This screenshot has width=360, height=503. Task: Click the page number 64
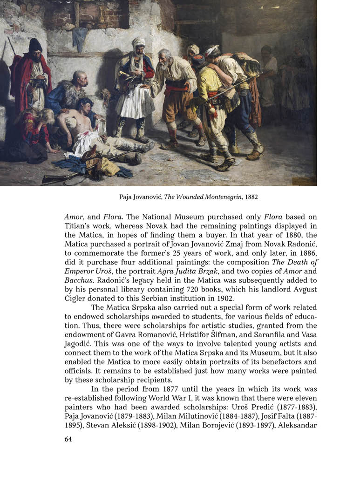[x=68, y=439]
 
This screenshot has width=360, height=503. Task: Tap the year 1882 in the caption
[x=249, y=197]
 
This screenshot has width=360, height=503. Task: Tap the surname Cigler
[x=74, y=298]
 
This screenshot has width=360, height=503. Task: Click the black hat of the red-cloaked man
[x=35, y=45]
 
